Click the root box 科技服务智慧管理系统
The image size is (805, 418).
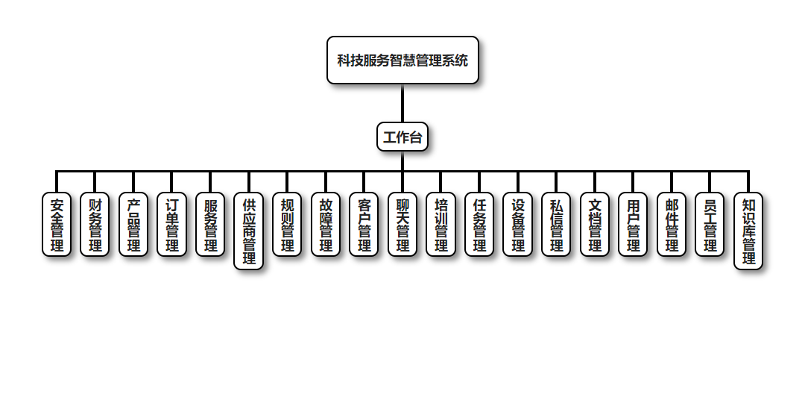402,60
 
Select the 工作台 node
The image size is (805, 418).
402,137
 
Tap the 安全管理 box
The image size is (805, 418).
57,225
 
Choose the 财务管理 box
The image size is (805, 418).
95,225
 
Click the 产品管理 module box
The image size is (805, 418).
133,225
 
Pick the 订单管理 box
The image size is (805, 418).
172,225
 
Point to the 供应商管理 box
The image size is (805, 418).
249,231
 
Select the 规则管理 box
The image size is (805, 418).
287,225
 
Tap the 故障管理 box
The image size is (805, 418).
326,225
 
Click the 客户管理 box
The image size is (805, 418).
364,225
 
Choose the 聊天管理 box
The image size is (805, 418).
402,225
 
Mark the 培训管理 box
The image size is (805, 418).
441,225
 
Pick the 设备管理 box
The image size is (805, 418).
518,225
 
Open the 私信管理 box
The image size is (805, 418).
556,225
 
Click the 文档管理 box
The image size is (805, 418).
595,225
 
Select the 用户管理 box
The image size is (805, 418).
634,225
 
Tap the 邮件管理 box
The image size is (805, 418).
672,225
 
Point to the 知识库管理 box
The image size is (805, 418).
748,231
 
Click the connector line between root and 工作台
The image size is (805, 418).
402,103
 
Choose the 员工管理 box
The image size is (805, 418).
710,225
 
